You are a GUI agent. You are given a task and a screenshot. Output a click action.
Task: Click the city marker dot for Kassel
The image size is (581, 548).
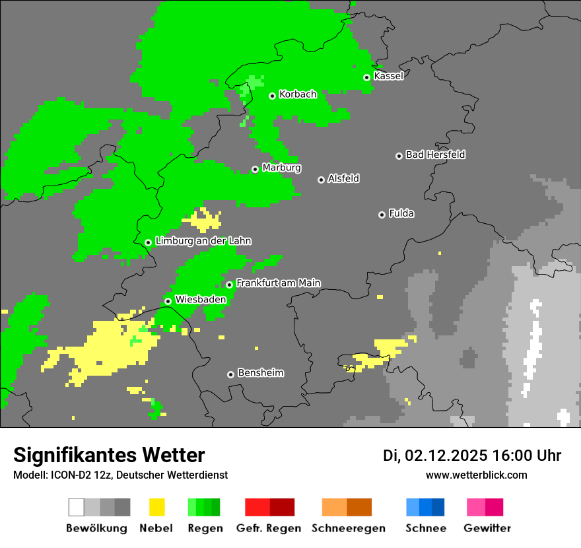(x=366, y=77)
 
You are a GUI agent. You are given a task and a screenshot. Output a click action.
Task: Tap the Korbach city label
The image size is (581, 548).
(x=298, y=94)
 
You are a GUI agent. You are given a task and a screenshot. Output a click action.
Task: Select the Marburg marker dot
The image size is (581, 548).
(x=255, y=169)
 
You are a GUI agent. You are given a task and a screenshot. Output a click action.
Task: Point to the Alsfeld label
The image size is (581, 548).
(x=343, y=178)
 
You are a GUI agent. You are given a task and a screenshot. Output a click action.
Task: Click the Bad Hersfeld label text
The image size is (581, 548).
(x=435, y=154)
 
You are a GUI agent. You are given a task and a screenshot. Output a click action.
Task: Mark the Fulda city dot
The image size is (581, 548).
(x=382, y=215)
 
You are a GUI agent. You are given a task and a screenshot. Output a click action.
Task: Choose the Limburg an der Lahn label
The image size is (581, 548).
(x=203, y=241)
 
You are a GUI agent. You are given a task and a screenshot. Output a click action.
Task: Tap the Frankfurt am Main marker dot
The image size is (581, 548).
(x=229, y=285)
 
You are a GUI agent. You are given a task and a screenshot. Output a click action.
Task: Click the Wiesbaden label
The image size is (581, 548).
(x=200, y=300)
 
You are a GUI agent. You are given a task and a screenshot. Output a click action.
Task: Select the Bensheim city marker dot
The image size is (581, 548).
(x=230, y=374)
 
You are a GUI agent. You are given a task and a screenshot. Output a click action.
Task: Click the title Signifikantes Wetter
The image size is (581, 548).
(x=109, y=455)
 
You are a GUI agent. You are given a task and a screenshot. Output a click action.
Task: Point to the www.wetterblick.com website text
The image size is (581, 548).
(x=476, y=475)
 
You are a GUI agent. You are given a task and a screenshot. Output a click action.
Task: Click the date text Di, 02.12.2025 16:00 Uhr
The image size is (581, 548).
(x=471, y=456)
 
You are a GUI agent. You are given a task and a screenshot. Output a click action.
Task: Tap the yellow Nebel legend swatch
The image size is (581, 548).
(x=156, y=507)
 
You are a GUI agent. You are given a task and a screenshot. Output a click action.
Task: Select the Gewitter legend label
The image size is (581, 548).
(x=487, y=528)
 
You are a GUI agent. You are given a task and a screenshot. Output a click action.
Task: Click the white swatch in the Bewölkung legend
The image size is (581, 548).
(x=77, y=507)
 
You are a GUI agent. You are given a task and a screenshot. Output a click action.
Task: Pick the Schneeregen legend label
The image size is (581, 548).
(x=348, y=528)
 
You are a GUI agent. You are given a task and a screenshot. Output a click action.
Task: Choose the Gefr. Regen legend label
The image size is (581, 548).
(x=269, y=528)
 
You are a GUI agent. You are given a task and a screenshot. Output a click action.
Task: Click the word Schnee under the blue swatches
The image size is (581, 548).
(x=425, y=528)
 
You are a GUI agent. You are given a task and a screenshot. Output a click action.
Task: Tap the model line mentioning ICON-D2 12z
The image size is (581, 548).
(x=120, y=475)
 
